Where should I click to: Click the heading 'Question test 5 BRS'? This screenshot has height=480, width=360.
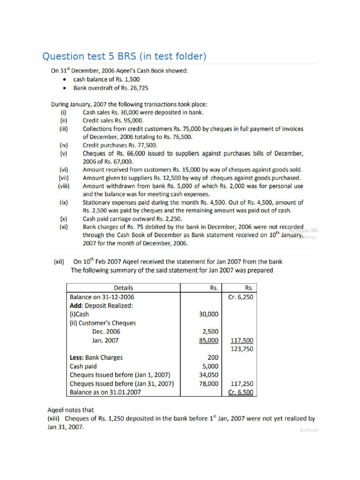(x=124, y=57)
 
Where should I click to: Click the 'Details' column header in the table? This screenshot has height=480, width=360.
(x=123, y=288)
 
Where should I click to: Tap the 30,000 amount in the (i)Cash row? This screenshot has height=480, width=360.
(x=209, y=314)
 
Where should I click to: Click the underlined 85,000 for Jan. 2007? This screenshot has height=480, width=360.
(x=209, y=340)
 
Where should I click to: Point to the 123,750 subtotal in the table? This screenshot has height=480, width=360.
(x=242, y=349)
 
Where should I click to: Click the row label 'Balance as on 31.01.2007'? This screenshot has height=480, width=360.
(x=105, y=392)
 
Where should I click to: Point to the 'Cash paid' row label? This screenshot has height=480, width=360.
(x=83, y=366)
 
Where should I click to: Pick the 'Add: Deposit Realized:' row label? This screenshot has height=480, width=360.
(x=101, y=305)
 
